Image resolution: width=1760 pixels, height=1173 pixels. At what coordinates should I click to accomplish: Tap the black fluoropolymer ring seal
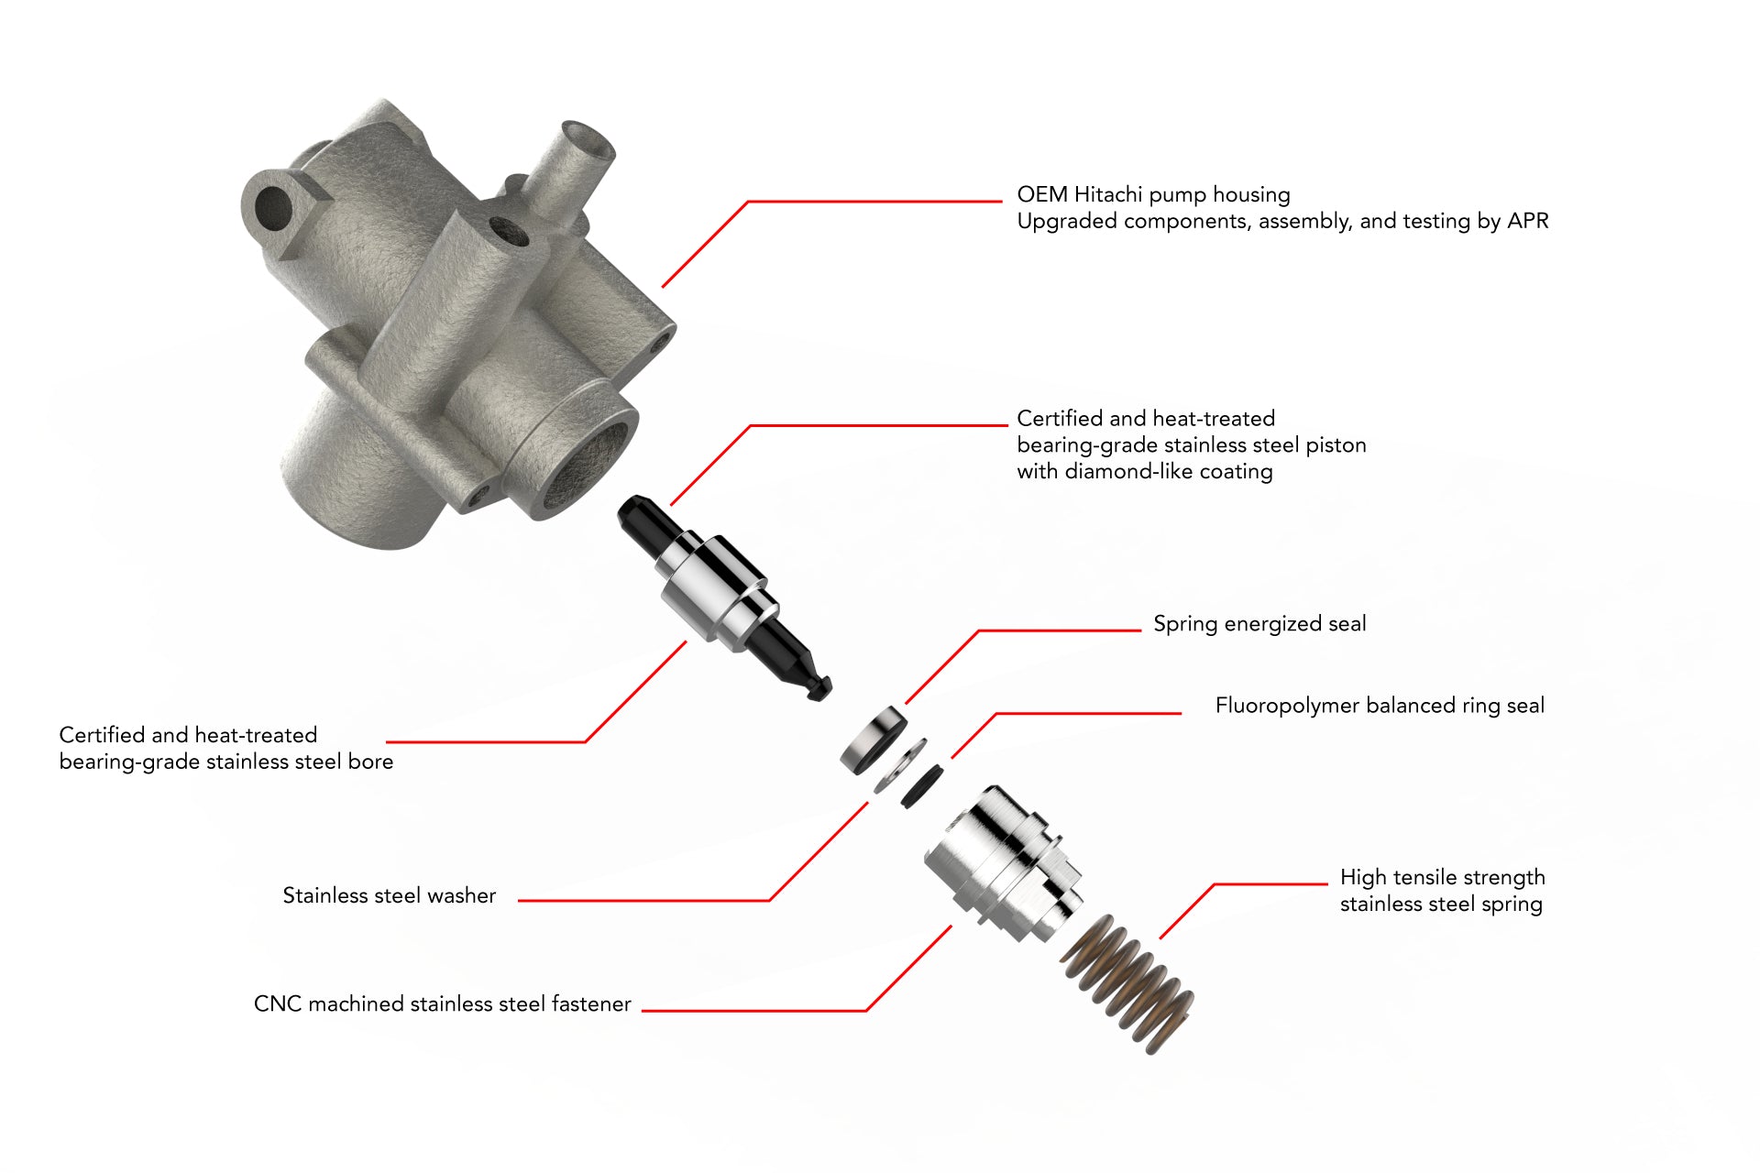[921, 786]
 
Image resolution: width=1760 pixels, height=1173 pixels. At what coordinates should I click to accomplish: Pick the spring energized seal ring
[872, 739]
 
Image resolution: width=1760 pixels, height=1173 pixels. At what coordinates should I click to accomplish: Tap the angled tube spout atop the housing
[577, 165]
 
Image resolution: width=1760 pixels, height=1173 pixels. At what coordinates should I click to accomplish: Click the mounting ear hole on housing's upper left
[272, 207]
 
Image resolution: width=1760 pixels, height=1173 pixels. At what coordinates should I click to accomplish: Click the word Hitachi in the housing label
[1107, 194]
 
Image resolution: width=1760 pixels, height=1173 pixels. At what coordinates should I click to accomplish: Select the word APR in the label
[1527, 221]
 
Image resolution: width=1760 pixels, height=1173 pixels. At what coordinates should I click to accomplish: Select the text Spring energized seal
[1259, 624]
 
